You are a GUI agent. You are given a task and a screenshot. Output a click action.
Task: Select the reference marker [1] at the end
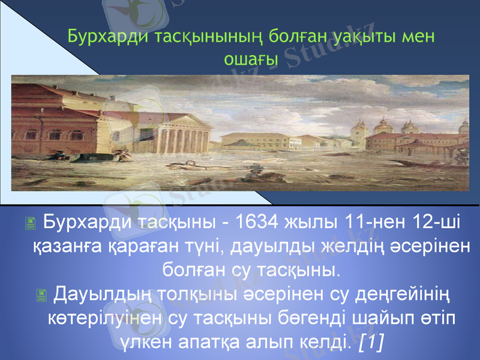(371, 341)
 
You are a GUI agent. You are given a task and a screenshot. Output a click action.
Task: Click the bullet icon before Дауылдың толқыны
(41, 295)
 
